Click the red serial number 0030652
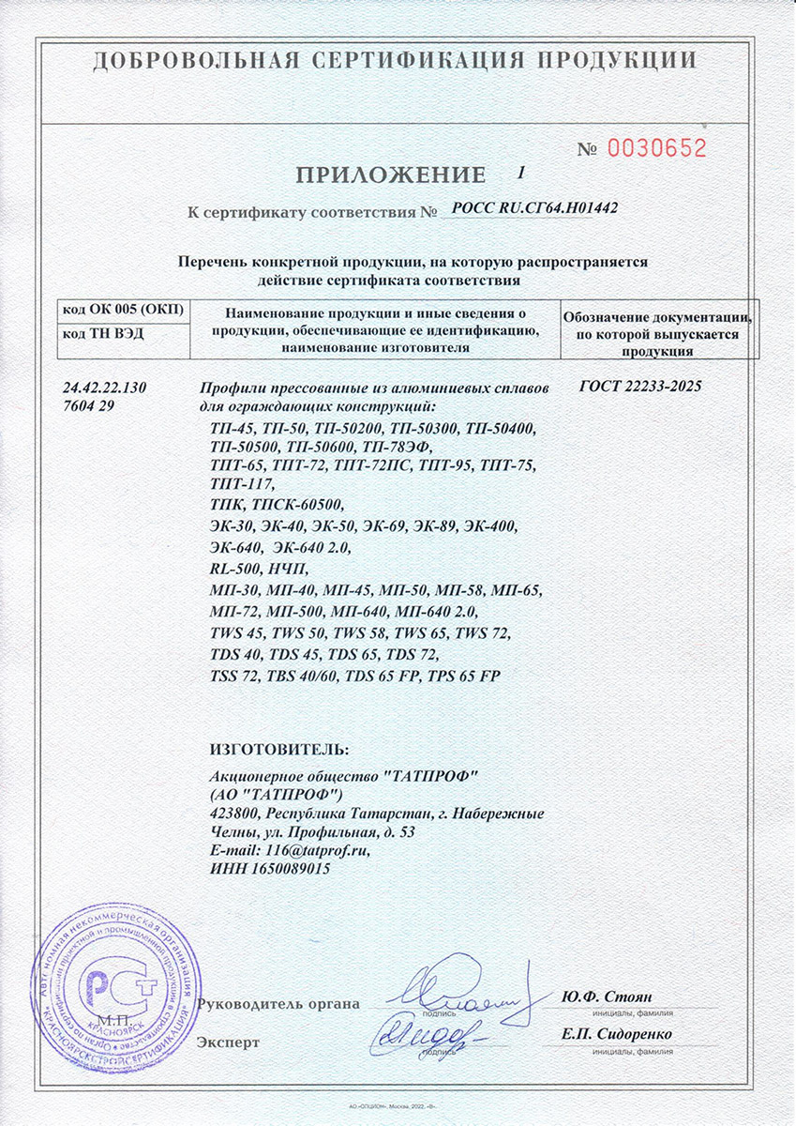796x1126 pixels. pyautogui.click(x=655, y=147)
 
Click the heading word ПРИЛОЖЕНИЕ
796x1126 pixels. pyautogui.click(x=391, y=175)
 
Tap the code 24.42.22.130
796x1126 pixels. pyautogui.click(x=104, y=388)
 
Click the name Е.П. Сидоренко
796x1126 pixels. pyautogui.click(x=617, y=1035)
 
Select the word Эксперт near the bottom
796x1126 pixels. pyautogui.click(x=229, y=1042)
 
